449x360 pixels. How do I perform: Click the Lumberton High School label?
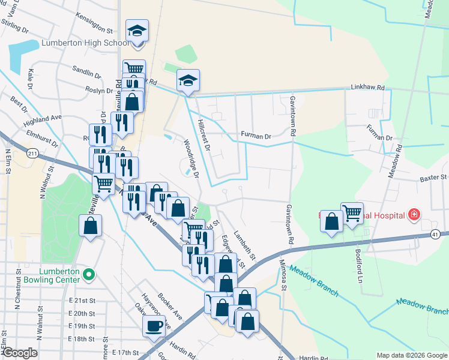(x=84, y=43)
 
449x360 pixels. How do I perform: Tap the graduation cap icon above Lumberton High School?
(x=137, y=31)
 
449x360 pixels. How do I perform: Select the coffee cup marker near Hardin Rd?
(x=154, y=327)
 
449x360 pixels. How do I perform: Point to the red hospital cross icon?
(x=413, y=214)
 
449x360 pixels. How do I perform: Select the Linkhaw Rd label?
(x=367, y=88)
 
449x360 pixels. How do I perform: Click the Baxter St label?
(x=434, y=178)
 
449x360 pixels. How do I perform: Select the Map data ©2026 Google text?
(x=411, y=355)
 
